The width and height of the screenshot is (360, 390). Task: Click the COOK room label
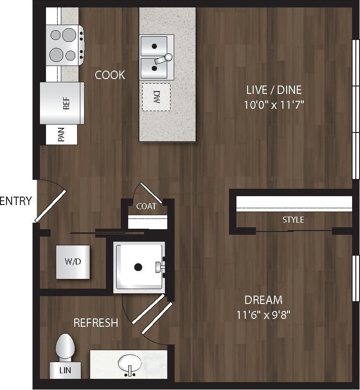tap(110, 75)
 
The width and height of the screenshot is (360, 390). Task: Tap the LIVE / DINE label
tap(273, 90)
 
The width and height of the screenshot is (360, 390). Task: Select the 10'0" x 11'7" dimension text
tap(273, 105)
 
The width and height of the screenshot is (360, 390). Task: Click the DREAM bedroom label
tap(263, 300)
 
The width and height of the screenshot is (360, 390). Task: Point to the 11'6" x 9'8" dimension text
tap(263, 315)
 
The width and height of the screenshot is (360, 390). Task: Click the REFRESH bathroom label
tap(96, 323)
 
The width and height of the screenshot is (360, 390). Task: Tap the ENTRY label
tap(16, 201)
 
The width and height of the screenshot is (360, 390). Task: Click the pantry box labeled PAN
tap(61, 135)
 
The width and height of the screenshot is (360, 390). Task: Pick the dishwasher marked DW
tap(156, 97)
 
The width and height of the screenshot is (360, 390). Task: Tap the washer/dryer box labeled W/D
tap(73, 262)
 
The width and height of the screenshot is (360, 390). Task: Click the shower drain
tap(138, 267)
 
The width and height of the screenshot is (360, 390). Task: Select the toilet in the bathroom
tap(65, 349)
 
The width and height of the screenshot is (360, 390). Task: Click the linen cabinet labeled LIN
tap(65, 371)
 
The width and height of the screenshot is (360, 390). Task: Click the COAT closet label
tap(146, 206)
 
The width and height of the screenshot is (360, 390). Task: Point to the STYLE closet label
tap(293, 219)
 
